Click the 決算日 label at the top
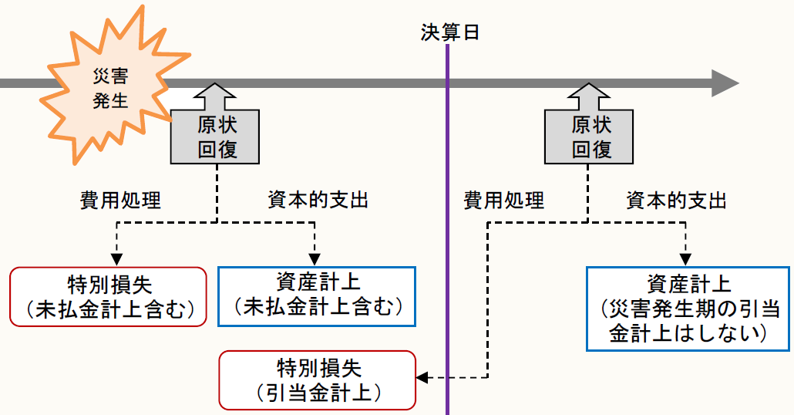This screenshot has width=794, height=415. [x=447, y=32]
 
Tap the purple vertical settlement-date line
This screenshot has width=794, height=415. [x=447, y=231]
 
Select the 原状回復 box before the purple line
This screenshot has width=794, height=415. [x=215, y=136]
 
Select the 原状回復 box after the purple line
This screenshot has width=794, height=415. [x=590, y=136]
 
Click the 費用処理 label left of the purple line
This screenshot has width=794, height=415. [x=120, y=201]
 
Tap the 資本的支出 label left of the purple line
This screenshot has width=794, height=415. [x=315, y=201]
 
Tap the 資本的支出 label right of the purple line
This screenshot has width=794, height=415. [x=677, y=201]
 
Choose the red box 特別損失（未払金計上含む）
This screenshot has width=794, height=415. [x=109, y=297]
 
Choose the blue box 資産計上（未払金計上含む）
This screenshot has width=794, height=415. [x=317, y=296]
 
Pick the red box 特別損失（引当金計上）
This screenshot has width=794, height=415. [x=318, y=380]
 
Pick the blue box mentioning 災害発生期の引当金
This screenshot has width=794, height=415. [x=688, y=309]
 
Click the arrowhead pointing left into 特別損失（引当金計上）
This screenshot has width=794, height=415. [x=422, y=377]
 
